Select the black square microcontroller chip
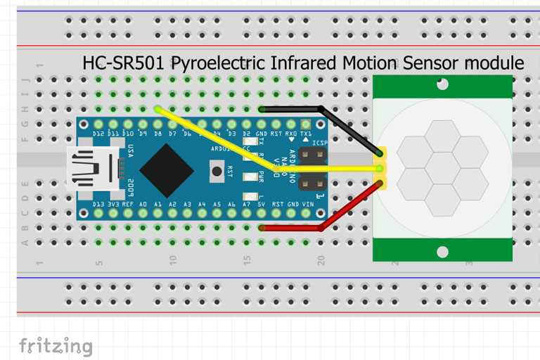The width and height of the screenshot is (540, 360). [167, 169]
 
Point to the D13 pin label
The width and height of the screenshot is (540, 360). [98, 205]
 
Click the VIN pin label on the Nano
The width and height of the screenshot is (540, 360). [308, 205]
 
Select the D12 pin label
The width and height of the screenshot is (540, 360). [98, 133]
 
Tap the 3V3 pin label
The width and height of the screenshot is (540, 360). [113, 205]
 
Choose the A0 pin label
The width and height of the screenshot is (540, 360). [143, 205]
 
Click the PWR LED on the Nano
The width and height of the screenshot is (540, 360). [247, 176]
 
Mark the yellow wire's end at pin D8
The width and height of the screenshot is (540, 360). [157, 110]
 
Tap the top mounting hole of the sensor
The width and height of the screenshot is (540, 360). [442, 85]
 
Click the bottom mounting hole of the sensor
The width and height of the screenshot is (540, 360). [442, 251]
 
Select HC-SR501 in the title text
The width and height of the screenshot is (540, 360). [124, 63]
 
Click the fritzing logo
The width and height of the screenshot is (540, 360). [56, 346]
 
